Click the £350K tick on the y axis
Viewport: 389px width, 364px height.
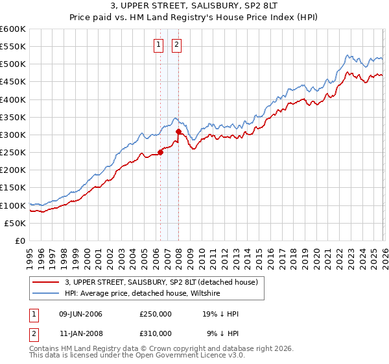(13, 118)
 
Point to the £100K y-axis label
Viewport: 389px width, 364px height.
(13, 205)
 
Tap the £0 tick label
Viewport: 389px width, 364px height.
(21, 240)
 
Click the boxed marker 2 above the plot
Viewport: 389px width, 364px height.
(176, 45)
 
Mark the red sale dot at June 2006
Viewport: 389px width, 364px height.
(160, 153)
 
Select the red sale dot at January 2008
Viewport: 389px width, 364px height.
(178, 132)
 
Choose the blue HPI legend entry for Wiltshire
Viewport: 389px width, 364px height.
(143, 294)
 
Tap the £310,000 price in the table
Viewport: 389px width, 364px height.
(156, 333)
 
